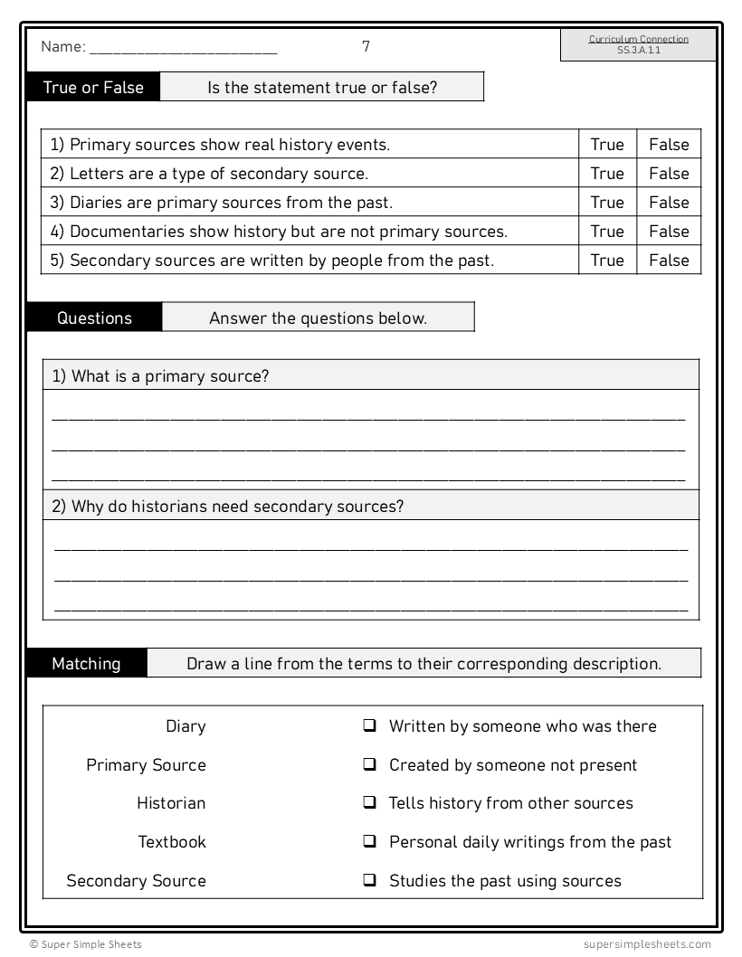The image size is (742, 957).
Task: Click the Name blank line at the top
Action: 183,49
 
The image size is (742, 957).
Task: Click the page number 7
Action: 366,46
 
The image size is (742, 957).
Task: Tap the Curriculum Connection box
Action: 638,45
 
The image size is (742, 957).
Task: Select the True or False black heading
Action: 93,88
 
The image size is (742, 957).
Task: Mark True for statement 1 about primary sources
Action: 607,145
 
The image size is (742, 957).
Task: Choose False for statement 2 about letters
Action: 669,174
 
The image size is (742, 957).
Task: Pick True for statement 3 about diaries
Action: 607,203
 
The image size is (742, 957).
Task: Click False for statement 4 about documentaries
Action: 669,232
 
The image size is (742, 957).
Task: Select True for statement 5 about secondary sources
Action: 607,261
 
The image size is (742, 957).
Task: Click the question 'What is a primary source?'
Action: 160,376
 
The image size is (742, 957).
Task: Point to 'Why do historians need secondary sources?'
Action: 227,507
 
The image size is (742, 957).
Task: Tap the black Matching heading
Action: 86,664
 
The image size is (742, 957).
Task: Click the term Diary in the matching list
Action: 185,726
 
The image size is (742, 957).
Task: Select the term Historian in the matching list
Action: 171,803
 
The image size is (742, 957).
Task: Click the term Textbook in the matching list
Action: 172,842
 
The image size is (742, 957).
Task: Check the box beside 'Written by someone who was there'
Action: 370,725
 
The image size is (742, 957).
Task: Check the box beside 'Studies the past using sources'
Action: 370,880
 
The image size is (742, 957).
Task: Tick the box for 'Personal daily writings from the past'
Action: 370,841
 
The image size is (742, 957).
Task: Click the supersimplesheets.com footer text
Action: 647,944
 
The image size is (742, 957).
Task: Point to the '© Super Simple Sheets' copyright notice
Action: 85,944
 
